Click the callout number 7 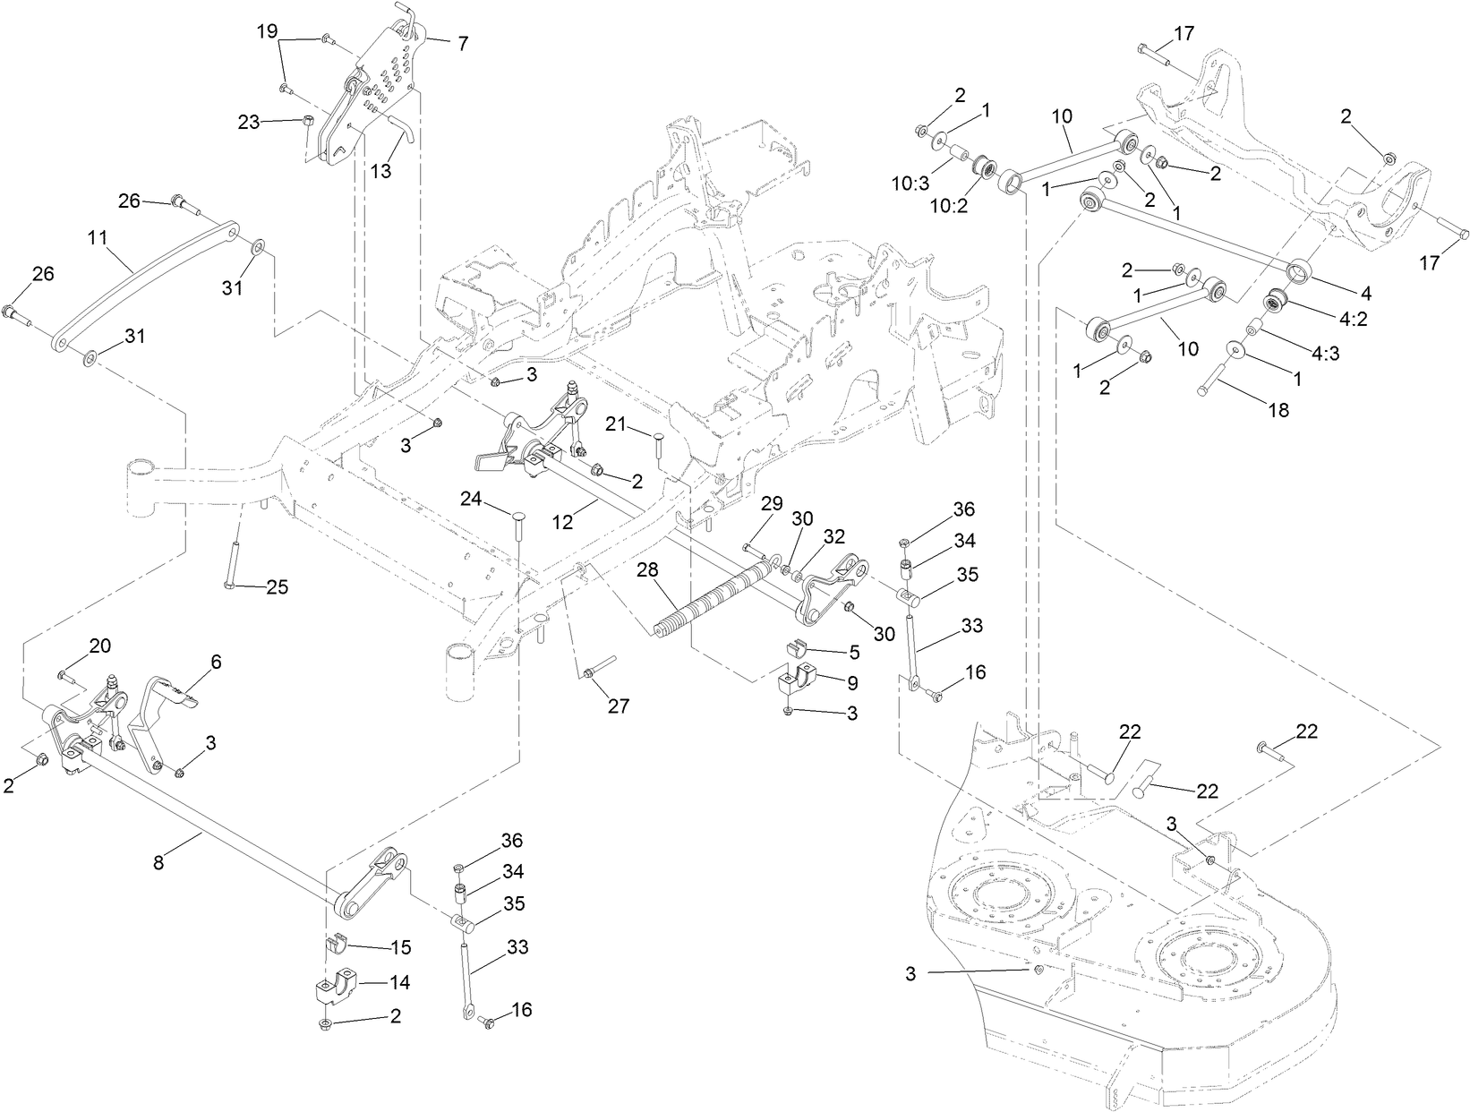coord(462,42)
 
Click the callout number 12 coord(562,521)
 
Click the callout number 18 coord(1278,410)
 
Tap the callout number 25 coord(277,587)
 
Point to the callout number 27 coord(617,706)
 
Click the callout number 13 coord(381,171)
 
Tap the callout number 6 coord(215,662)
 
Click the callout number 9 coord(851,683)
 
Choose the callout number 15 coord(400,945)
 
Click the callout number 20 coord(99,646)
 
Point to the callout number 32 coord(833,537)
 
